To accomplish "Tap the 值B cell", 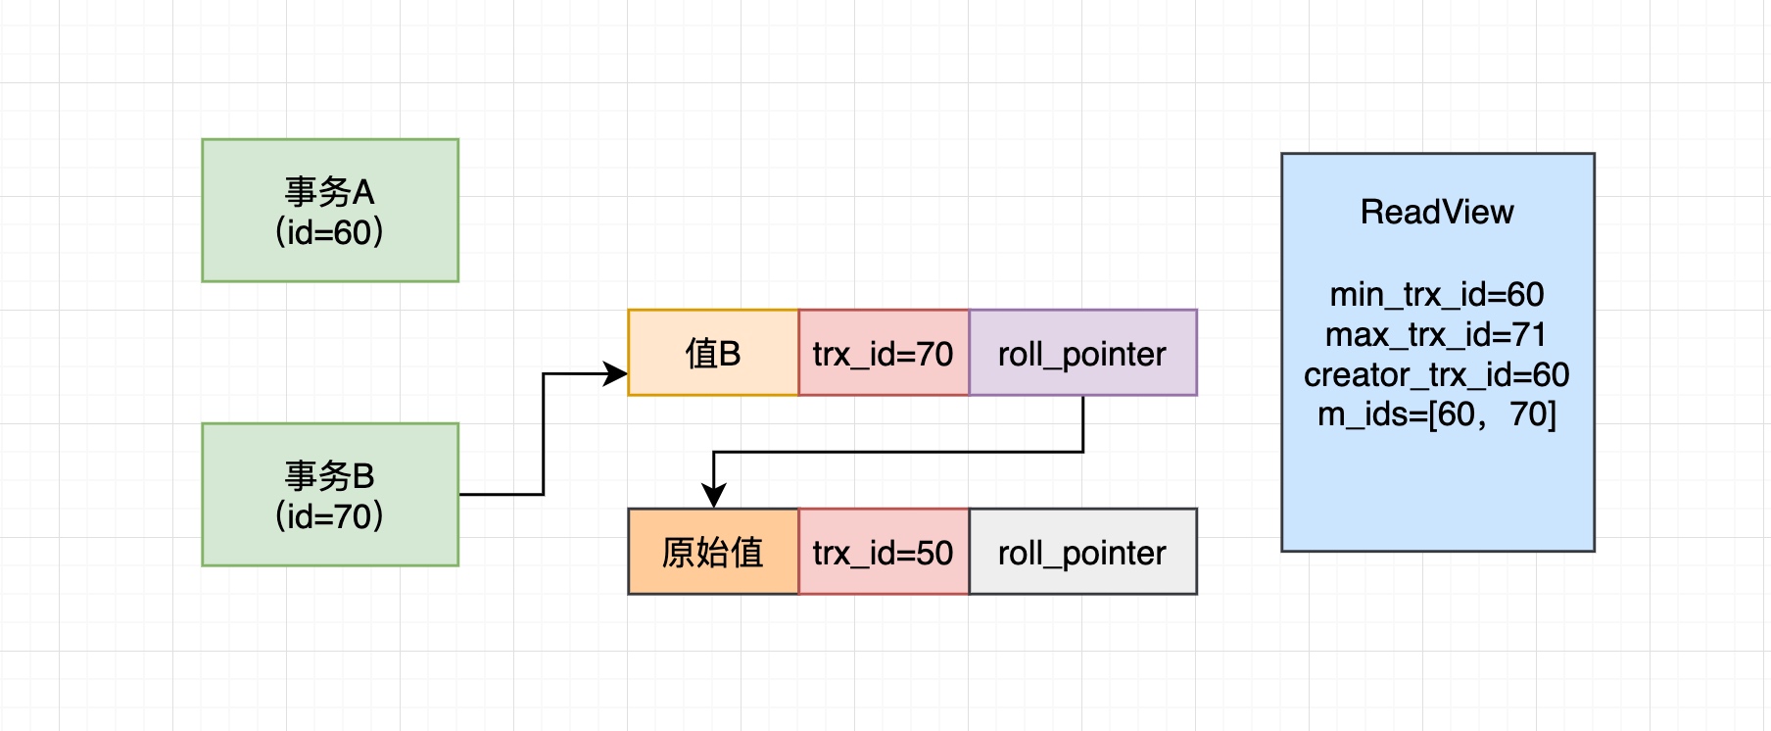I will tap(713, 354).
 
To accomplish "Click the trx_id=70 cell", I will tap(883, 354).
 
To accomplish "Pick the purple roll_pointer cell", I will tap(1082, 354).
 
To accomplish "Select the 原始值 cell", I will tap(713, 553).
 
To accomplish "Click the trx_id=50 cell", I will tap(883, 553).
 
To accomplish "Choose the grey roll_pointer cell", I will tap(1082, 553).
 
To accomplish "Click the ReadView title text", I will tap(1437, 212).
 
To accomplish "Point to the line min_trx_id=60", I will tap(1437, 294).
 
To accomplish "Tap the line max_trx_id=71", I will tap(1437, 335).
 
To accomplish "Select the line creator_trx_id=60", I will tap(1437, 374).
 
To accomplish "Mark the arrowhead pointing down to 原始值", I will tap(714, 496).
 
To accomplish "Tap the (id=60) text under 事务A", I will tap(330, 233).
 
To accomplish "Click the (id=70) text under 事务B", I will tap(330, 516).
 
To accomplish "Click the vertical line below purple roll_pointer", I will tap(1082, 423).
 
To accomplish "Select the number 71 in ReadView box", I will tap(1529, 335).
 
